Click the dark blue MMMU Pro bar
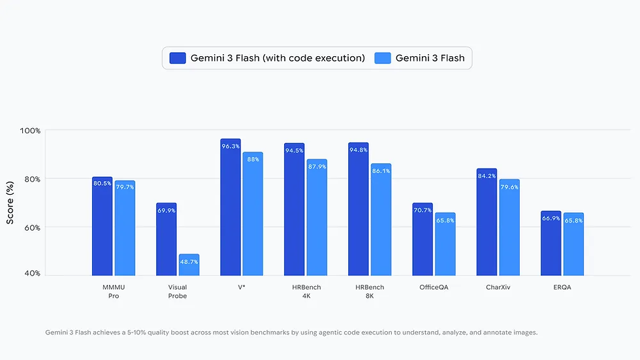click(102, 226)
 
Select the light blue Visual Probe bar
click(189, 265)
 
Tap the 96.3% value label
click(231, 146)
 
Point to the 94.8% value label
click(359, 150)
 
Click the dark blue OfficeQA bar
click(423, 239)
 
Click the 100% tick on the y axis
click(30, 131)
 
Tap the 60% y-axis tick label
click(32, 227)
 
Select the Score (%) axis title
click(10, 203)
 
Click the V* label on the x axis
click(241, 287)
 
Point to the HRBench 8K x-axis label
click(370, 291)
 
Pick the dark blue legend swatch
click(178, 57)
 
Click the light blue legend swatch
click(383, 57)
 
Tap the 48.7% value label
click(189, 261)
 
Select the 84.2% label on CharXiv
click(487, 176)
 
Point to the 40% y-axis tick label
click(32, 273)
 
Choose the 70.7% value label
click(423, 210)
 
